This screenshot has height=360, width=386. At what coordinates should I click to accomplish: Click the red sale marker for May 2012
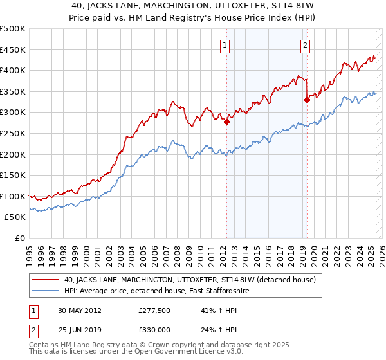(x=226, y=122)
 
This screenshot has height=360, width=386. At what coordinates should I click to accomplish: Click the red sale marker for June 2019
(x=308, y=100)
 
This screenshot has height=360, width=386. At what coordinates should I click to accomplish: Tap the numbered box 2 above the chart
(x=304, y=45)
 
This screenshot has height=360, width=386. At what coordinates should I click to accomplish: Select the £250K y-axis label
(x=13, y=133)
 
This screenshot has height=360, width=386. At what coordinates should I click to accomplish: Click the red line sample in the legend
(x=46, y=280)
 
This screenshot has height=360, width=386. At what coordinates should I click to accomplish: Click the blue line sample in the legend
(x=46, y=291)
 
